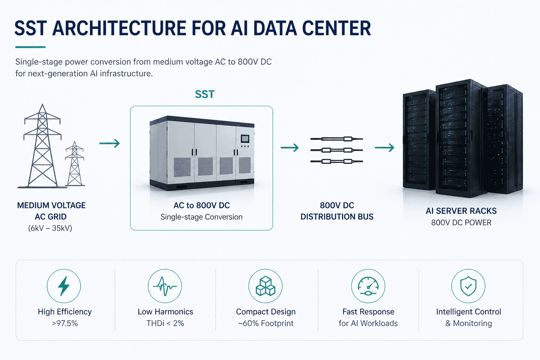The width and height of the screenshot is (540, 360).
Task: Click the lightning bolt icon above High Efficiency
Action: pos(64,286)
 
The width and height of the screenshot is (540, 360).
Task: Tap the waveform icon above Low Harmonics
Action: pos(165,286)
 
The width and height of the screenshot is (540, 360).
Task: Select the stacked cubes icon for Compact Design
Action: pos(265,286)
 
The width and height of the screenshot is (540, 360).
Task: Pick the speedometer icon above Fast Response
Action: pos(368,286)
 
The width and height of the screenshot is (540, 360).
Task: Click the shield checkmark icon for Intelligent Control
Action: pos(468,286)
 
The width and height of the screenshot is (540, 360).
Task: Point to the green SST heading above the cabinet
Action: pos(205,94)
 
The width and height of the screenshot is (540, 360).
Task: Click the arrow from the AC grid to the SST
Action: pos(110,143)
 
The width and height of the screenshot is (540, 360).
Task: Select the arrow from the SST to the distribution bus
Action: pos(290,147)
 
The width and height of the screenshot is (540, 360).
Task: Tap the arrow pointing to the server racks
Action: pos(385,147)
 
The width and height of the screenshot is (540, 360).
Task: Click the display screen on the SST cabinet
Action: pos(245,139)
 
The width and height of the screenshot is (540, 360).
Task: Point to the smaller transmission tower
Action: pos(75,164)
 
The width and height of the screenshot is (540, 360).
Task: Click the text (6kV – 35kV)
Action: pos(50,228)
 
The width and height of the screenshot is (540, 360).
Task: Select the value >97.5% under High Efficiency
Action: pos(65,323)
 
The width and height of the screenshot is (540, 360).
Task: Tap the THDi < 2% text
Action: pos(165,323)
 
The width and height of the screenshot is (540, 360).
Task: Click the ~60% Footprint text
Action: pos(266,323)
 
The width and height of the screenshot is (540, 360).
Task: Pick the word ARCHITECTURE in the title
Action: pos(119,28)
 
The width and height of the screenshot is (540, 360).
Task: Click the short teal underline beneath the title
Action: pos(30,47)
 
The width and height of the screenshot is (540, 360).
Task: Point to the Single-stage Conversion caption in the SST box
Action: pos(201,217)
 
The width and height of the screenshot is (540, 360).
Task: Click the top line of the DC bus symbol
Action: pos(336,139)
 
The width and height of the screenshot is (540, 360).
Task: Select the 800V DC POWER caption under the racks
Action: pos(461,223)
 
